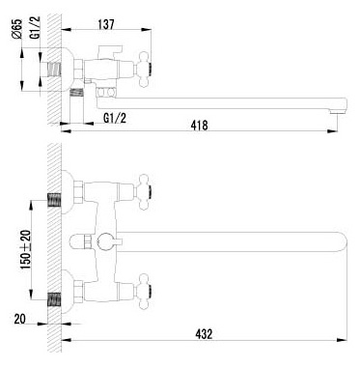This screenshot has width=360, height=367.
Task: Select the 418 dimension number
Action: point(199,127)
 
